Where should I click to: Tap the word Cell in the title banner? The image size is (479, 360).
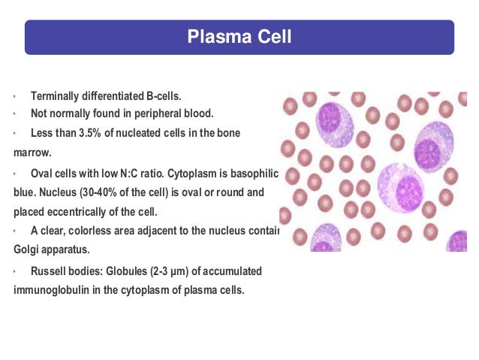[275, 37]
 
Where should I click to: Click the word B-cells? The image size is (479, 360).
[162, 96]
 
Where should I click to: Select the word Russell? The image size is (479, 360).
[50, 270]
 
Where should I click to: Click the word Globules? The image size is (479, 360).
[110, 270]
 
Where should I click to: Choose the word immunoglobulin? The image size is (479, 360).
[50, 289]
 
